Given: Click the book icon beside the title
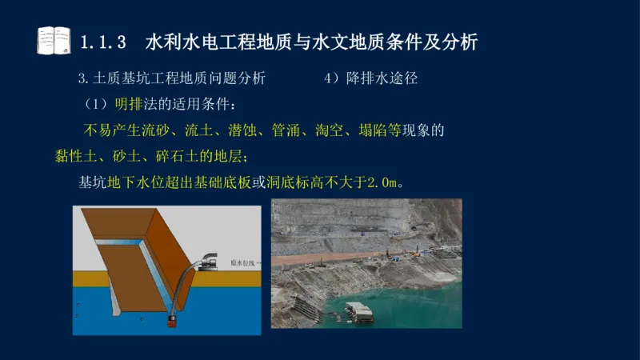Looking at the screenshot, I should coord(54,40).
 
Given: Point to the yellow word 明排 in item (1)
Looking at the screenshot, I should coord(130,104).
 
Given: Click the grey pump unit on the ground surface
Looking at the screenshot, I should coord(213,259).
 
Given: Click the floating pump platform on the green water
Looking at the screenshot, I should coord(359,313).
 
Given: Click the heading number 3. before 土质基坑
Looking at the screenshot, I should coord(82,78).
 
